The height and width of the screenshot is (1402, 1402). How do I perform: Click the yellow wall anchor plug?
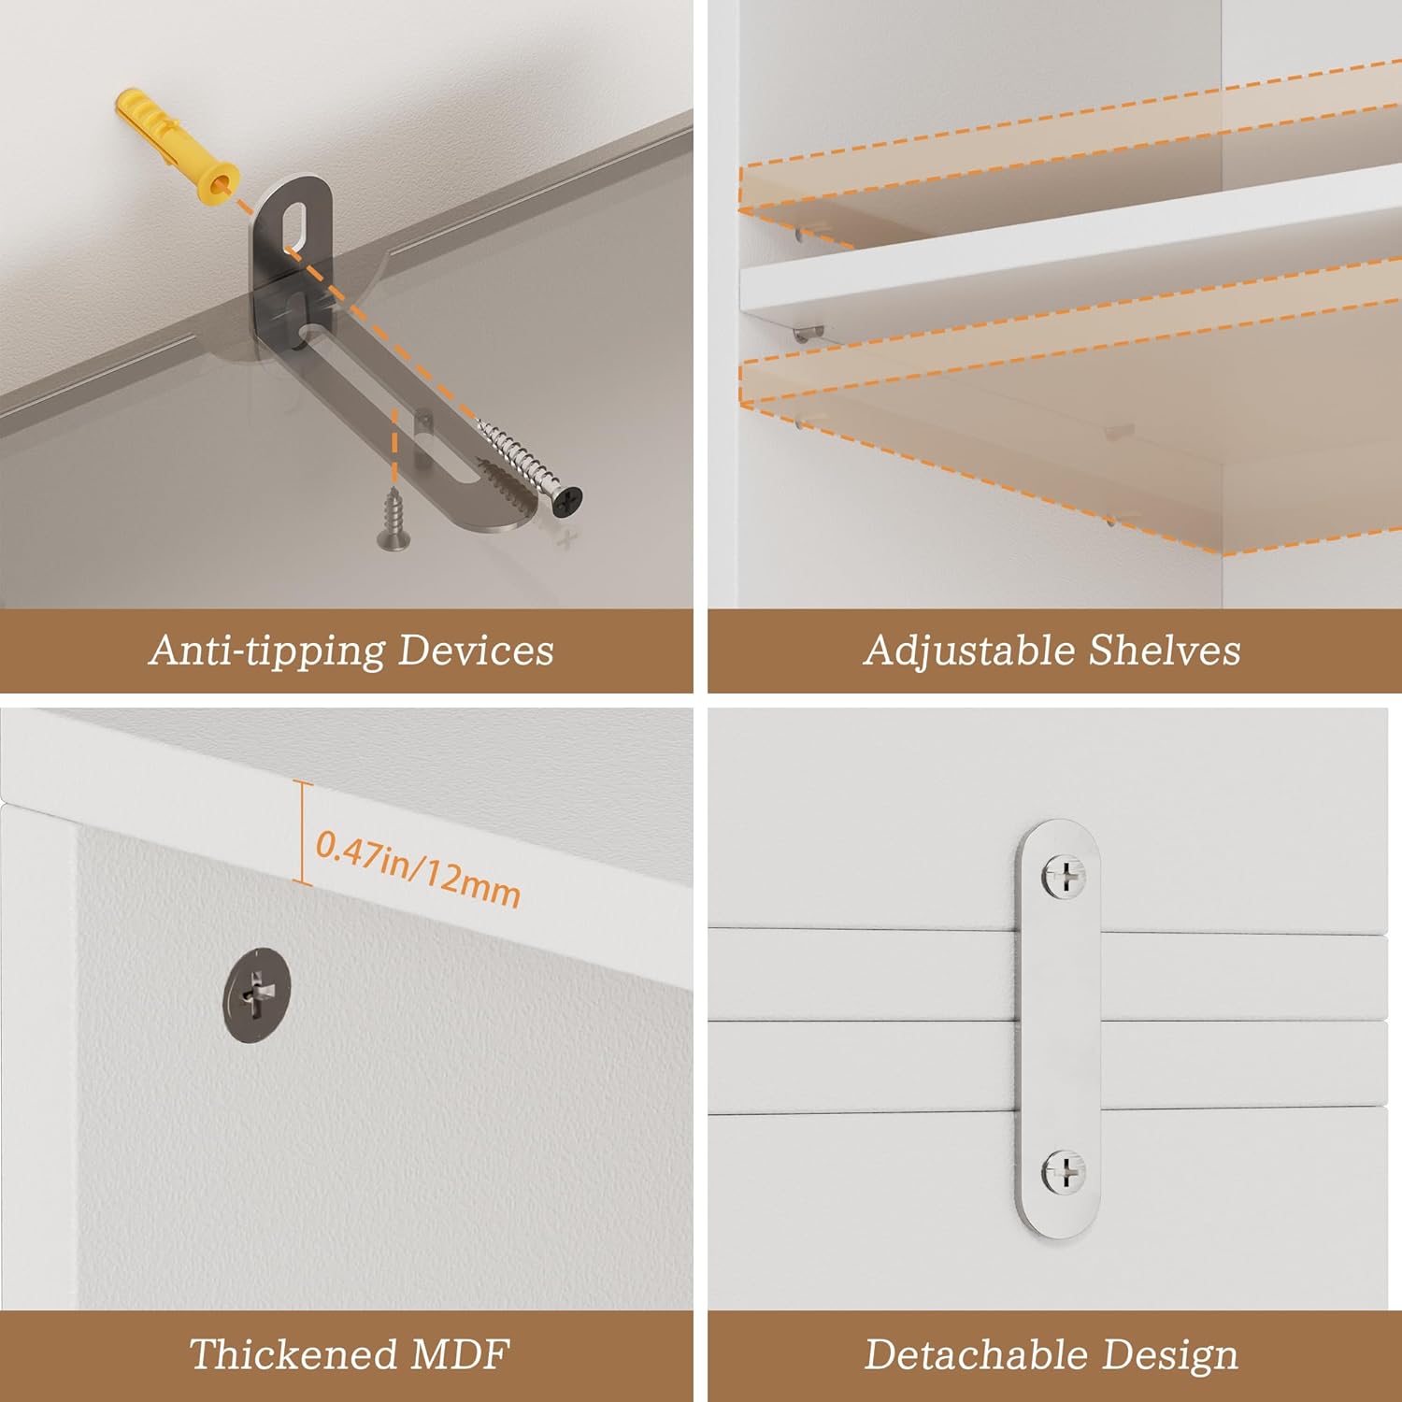(x=176, y=147)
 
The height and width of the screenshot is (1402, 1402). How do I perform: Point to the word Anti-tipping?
(x=267, y=651)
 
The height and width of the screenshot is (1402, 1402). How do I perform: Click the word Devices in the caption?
(x=476, y=650)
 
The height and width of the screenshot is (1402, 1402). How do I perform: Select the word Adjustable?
(x=968, y=651)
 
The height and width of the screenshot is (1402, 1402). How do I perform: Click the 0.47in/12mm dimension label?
(x=418, y=869)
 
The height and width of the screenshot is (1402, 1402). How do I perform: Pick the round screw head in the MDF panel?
(x=257, y=997)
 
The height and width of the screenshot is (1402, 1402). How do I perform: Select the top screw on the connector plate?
(x=1064, y=877)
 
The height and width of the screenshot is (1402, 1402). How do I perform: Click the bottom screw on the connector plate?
(x=1064, y=1173)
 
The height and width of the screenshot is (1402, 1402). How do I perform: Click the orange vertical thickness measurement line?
(x=302, y=832)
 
